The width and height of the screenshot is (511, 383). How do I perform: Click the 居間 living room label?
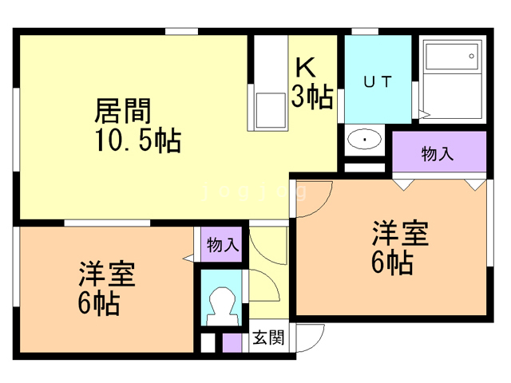pos(123,111)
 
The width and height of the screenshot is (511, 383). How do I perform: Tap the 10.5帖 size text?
pos(138,140)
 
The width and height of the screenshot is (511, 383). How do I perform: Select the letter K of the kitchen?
pos(305,67)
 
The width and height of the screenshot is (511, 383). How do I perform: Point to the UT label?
pos(378,81)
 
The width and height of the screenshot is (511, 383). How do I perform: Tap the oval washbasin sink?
pos(364,140)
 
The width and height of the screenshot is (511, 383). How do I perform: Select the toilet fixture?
pos(222,306)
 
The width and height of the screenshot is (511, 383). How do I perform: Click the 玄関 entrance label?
pos(268,338)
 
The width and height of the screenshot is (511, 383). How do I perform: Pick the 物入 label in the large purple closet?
pos(437,154)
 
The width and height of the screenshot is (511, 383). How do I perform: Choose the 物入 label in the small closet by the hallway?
pos(222,244)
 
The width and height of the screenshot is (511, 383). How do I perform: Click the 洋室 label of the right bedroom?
pos(401,233)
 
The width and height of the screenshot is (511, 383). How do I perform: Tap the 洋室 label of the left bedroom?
pos(106,274)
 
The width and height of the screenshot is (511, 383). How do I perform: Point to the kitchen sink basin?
pos(271,111)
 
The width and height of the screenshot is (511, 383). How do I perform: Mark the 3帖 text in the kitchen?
pos(312,96)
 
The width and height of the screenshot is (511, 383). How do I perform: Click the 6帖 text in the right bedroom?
pos(392,263)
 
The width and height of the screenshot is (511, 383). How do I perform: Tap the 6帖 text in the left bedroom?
pos(99,302)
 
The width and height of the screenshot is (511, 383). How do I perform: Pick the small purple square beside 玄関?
pos(232,342)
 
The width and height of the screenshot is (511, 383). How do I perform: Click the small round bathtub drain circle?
pos(471,56)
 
